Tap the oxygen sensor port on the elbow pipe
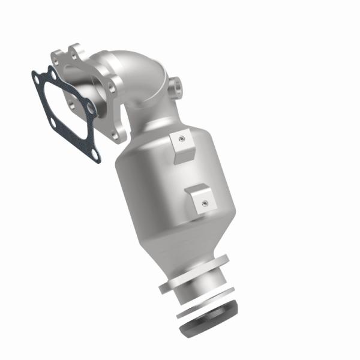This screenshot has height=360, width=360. tap(177, 88)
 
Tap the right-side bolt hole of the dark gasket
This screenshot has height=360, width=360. tap(90, 109)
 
